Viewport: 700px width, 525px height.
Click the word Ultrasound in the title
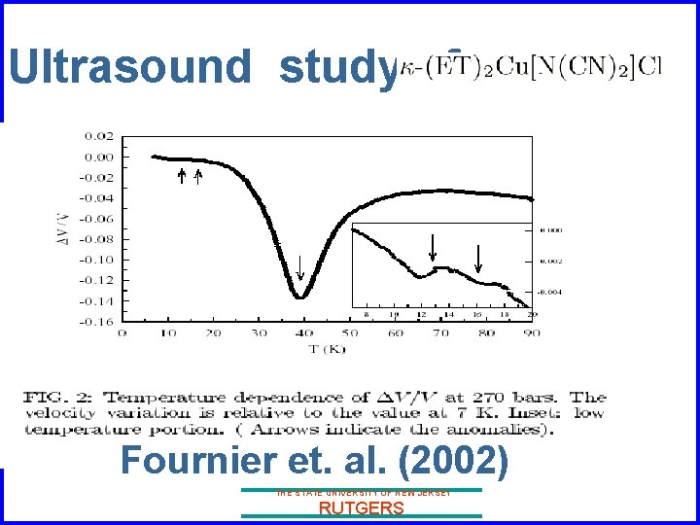130,68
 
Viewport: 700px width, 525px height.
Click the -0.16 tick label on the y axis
99,321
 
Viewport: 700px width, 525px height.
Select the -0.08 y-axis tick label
99,239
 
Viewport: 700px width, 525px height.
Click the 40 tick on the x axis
303,333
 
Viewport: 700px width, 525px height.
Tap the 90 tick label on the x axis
532,333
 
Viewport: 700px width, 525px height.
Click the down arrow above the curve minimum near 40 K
300,266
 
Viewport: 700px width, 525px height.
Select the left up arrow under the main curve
181,176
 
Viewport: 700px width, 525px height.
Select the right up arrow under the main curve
198,176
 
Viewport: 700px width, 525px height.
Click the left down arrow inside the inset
433,247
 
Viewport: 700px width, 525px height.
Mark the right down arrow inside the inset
478,259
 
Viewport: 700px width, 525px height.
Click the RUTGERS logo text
361,507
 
